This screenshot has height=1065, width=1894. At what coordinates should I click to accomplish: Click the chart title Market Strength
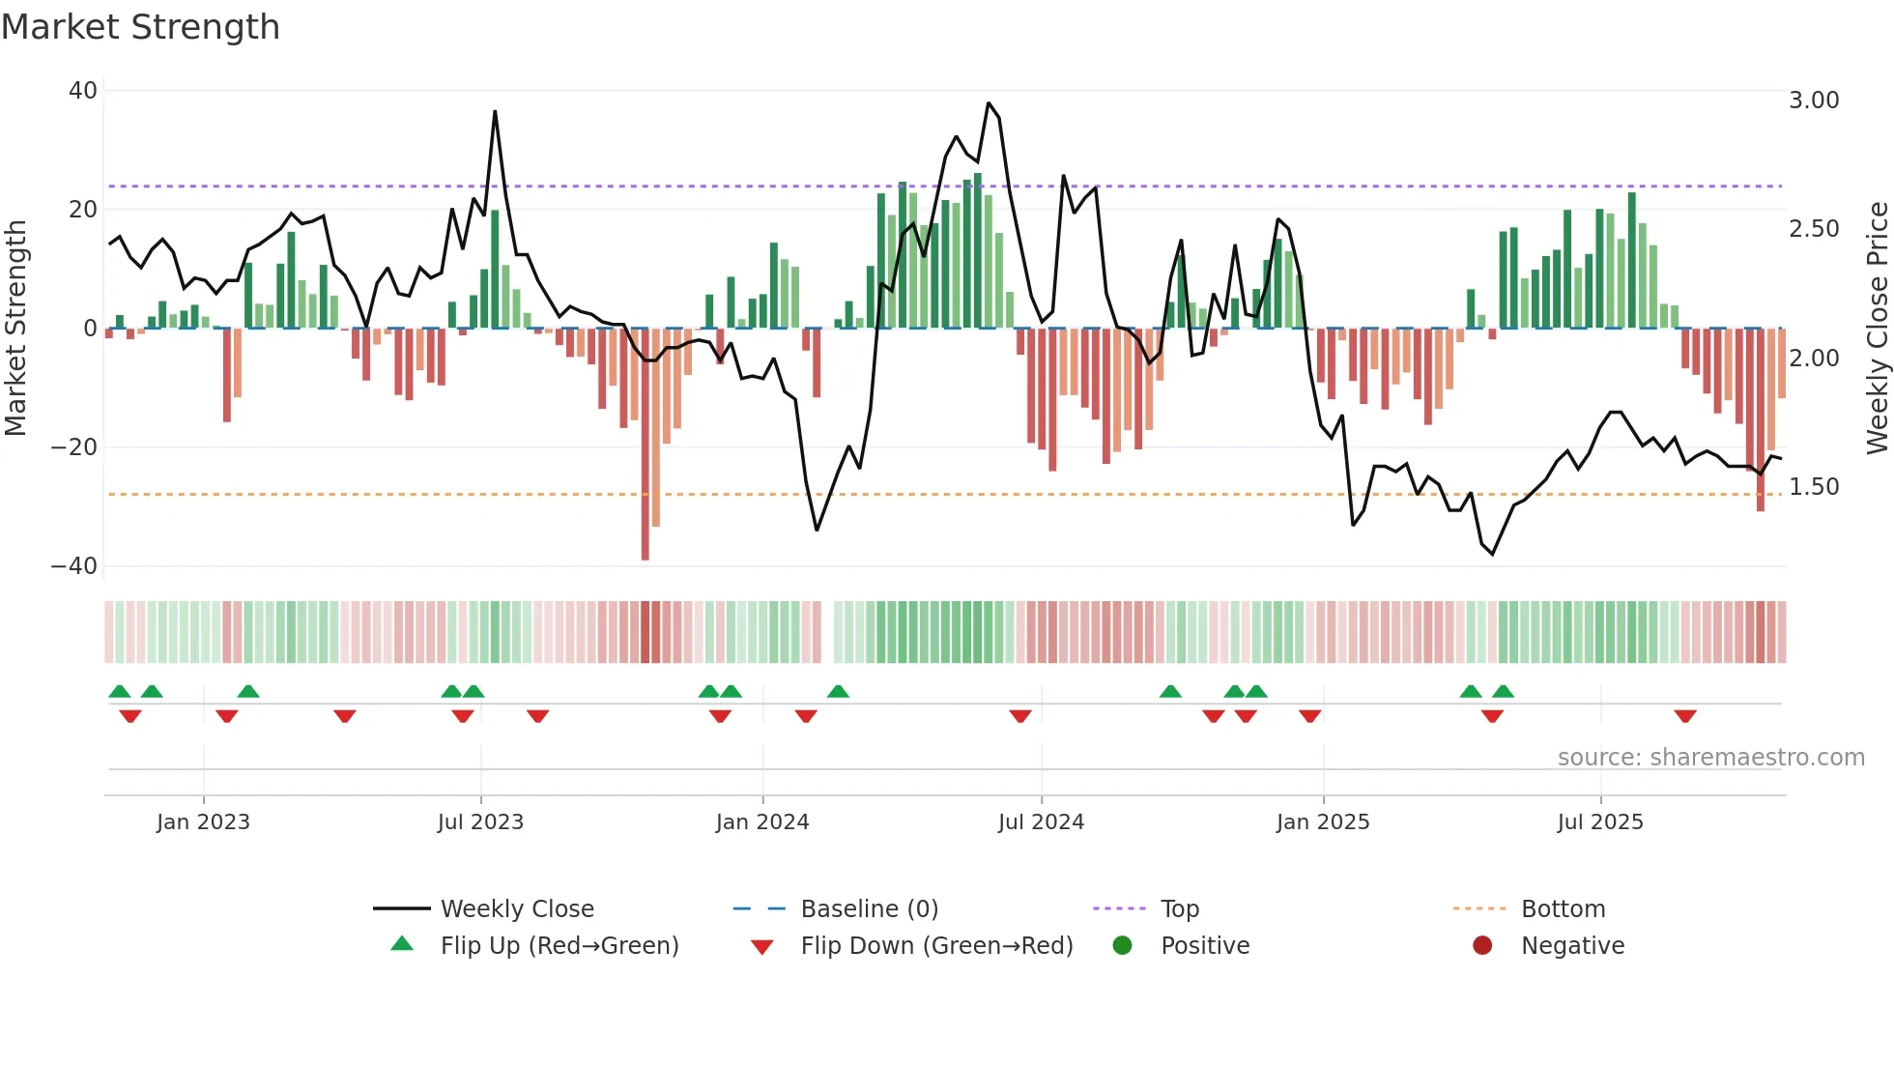pyautogui.click(x=140, y=27)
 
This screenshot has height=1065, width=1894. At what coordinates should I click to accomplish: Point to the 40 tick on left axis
pyautogui.click(x=83, y=91)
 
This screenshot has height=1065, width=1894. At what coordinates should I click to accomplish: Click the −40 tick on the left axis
pyautogui.click(x=74, y=566)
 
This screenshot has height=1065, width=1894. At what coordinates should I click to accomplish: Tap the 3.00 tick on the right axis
pyautogui.click(x=1814, y=101)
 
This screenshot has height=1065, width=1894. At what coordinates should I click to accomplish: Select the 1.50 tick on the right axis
pyautogui.click(x=1814, y=487)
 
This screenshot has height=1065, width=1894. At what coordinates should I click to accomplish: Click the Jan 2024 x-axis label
pyautogui.click(x=762, y=822)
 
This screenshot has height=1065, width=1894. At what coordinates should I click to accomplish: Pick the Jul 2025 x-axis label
pyautogui.click(x=1600, y=822)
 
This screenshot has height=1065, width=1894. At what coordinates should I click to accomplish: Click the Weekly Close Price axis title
pyautogui.click(x=1877, y=329)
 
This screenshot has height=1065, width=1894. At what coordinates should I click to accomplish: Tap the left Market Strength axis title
pyautogui.click(x=16, y=329)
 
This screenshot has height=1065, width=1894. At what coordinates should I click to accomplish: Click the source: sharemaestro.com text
pyautogui.click(x=1710, y=758)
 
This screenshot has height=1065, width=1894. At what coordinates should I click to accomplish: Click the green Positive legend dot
pyautogui.click(x=1122, y=946)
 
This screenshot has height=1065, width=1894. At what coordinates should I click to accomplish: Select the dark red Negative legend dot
pyautogui.click(x=1482, y=946)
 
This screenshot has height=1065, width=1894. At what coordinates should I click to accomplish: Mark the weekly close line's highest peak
pyautogui.click(x=989, y=103)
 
